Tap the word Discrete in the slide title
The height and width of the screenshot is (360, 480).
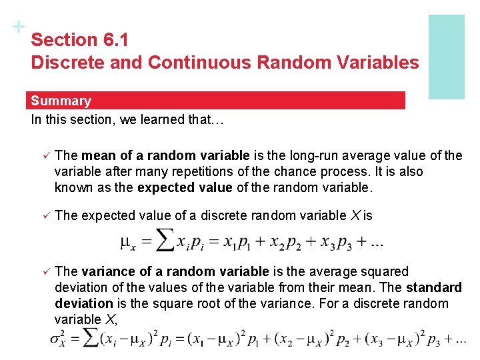pos(62,63)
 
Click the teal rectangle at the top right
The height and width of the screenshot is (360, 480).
pos(446,57)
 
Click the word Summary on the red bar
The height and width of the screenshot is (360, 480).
pos(61,101)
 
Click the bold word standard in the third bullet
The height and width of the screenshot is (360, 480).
pos(434,287)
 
